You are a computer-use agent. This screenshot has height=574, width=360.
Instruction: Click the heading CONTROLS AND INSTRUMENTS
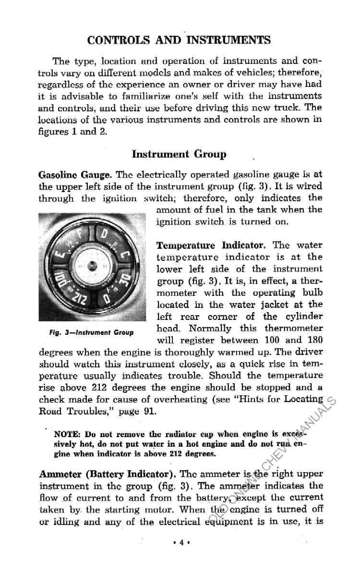[x=179, y=39]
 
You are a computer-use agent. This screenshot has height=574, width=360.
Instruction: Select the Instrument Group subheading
[x=179, y=154]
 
